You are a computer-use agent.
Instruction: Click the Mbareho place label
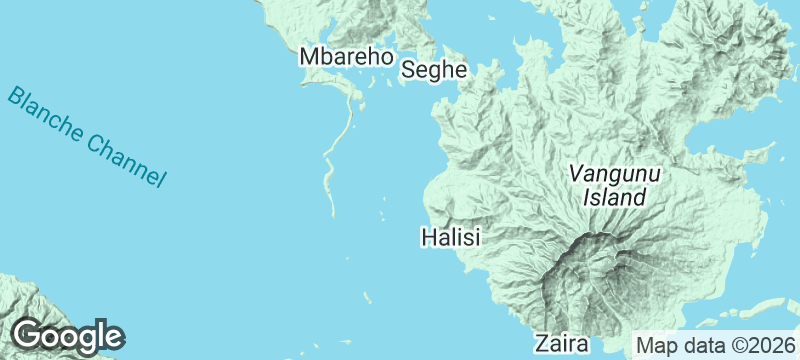point(345,58)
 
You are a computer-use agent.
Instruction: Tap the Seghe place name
point(435,69)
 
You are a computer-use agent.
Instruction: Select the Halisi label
point(451,238)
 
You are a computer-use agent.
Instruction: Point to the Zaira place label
point(561,344)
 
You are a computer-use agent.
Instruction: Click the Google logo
point(67,335)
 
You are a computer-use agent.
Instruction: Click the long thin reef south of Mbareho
point(338,150)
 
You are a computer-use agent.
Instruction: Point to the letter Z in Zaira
point(541,344)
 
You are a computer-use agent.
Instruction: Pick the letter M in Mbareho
point(309,58)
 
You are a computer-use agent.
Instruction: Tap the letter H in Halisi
point(427,238)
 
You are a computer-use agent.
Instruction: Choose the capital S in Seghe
point(409,69)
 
